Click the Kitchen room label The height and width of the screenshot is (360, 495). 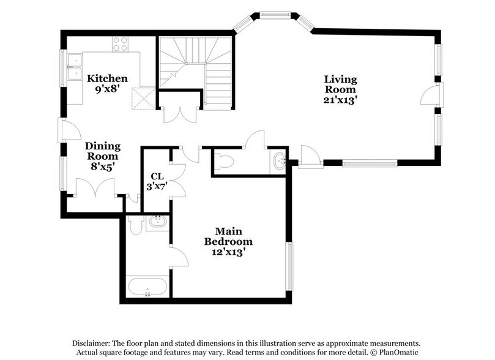pyautogui.click(x=107, y=78)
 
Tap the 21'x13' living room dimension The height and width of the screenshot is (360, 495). pyautogui.click(x=340, y=100)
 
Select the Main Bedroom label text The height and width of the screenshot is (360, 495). pyautogui.click(x=228, y=236)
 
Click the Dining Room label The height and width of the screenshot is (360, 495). pyautogui.click(x=103, y=151)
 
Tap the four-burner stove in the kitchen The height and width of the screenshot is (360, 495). pyautogui.click(x=121, y=44)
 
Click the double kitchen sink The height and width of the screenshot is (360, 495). pyautogui.click(x=75, y=67)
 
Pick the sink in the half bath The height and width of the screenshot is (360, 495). pyautogui.click(x=280, y=160)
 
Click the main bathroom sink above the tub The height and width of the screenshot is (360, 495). pyautogui.click(x=157, y=222)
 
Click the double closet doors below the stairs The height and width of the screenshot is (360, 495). pyautogui.click(x=181, y=116)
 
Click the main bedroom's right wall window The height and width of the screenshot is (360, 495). pyautogui.click(x=289, y=266)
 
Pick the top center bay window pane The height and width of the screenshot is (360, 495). pyautogui.click(x=275, y=14)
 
